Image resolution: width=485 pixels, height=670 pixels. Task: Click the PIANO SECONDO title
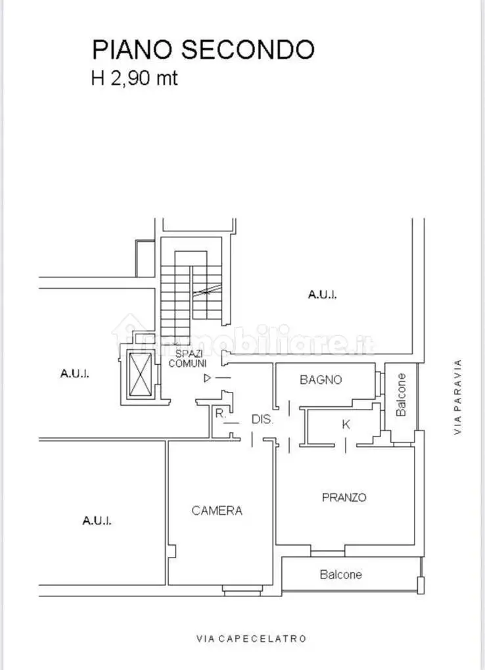[x=203, y=49]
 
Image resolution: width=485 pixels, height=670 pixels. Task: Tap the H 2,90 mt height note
[x=134, y=79]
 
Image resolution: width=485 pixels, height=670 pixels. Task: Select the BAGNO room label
[x=321, y=379]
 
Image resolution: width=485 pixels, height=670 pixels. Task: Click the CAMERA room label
[x=217, y=510]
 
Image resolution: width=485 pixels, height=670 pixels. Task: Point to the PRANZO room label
[x=344, y=498]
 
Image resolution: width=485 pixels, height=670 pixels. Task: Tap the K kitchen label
[x=346, y=425]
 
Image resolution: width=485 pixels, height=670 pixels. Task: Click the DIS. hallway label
[x=262, y=419]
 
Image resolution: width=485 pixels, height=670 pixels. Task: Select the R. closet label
[x=219, y=414]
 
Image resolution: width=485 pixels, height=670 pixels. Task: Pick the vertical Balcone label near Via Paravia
[x=402, y=395]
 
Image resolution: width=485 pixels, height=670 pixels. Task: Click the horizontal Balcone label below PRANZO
[x=340, y=575]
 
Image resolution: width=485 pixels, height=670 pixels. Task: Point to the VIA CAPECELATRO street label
[x=251, y=638]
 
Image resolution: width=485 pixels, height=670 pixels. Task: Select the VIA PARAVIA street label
[x=458, y=396]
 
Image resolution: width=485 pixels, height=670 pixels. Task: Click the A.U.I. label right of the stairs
[x=322, y=295]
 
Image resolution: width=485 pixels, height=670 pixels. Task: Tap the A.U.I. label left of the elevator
[x=74, y=373]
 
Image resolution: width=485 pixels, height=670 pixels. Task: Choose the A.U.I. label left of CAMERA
[x=97, y=520]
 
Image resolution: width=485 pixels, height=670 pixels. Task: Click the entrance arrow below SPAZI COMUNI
[x=208, y=378]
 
